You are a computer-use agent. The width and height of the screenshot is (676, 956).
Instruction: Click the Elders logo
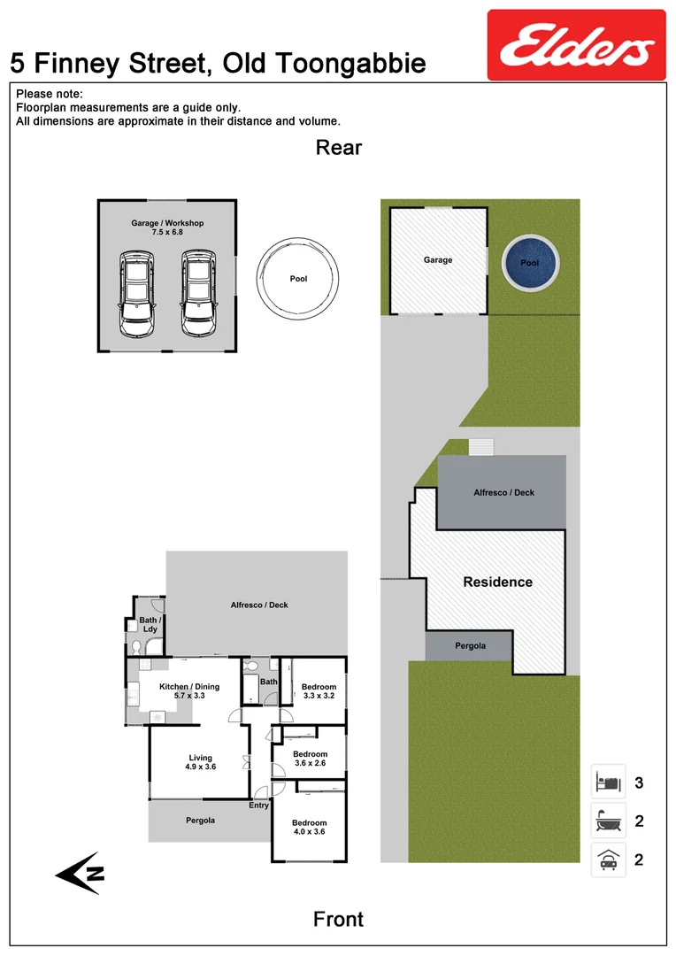[576, 45]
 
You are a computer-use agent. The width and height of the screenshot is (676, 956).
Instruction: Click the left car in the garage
[136, 293]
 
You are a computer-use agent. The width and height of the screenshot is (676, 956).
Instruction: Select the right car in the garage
[197, 293]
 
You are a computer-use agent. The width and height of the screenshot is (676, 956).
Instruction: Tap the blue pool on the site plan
[529, 264]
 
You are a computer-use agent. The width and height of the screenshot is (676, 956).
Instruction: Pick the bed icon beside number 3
[608, 783]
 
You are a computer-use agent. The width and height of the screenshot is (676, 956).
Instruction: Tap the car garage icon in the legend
[608, 860]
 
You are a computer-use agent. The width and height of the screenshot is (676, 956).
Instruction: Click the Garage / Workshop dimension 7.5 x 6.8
[167, 233]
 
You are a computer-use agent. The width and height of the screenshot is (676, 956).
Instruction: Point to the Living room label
[201, 762]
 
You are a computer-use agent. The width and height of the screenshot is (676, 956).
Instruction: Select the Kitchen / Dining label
[188, 690]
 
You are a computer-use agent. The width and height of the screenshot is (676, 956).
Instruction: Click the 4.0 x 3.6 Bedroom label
[309, 827]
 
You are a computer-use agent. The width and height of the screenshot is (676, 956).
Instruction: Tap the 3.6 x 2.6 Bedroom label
[310, 759]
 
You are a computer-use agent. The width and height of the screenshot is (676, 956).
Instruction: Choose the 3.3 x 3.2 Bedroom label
[319, 691]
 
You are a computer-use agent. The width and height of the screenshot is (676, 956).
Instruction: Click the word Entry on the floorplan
[258, 806]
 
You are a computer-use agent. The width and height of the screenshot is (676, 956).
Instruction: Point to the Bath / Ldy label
[150, 625]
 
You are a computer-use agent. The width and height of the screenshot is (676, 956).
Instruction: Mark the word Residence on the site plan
[497, 582]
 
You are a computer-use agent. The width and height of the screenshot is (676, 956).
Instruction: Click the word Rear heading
[339, 148]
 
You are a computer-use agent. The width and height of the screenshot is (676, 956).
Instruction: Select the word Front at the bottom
[338, 920]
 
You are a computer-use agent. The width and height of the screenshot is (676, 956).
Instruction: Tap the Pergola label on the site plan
[470, 646]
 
